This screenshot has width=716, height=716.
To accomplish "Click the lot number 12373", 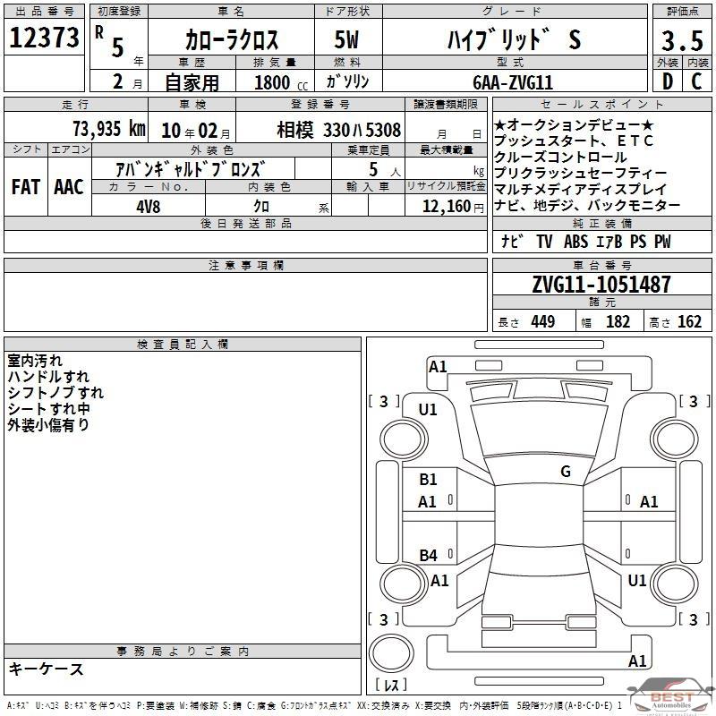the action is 44,38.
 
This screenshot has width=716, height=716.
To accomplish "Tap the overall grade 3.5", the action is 682,40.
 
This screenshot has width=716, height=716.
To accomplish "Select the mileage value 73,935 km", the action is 109,129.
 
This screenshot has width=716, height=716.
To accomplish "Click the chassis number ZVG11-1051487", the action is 601,284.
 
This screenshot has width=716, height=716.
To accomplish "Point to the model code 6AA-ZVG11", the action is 513,82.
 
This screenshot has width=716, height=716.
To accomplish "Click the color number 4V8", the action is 149,207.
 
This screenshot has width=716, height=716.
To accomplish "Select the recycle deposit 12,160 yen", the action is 453,207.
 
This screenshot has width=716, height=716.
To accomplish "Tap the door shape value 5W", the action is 346,39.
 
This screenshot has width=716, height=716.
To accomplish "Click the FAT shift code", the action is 26,187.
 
